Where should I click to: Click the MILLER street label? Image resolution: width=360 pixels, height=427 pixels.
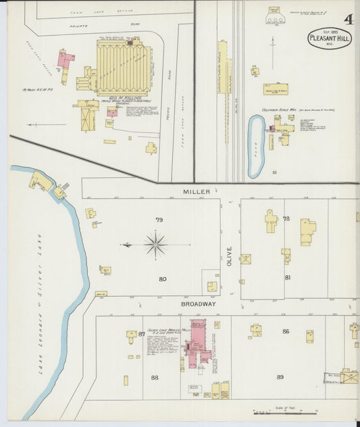[196, 192]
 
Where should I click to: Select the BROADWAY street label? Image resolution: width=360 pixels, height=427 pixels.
[198, 304]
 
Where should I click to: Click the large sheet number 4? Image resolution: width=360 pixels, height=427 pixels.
[347, 20]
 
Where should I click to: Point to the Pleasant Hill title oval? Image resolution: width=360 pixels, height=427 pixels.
[329, 39]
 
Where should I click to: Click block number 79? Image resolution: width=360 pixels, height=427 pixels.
[159, 220]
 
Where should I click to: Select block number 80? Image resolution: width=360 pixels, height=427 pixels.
[162, 279]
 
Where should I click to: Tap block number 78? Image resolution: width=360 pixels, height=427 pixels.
[286, 219]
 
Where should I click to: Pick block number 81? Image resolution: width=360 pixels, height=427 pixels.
[287, 278]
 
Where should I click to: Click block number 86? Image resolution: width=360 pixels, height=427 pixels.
[286, 331]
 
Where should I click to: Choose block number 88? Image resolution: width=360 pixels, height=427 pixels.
[155, 378]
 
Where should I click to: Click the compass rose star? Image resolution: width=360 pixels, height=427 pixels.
[156, 244]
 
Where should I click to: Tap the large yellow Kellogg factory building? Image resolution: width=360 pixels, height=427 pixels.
[123, 68]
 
